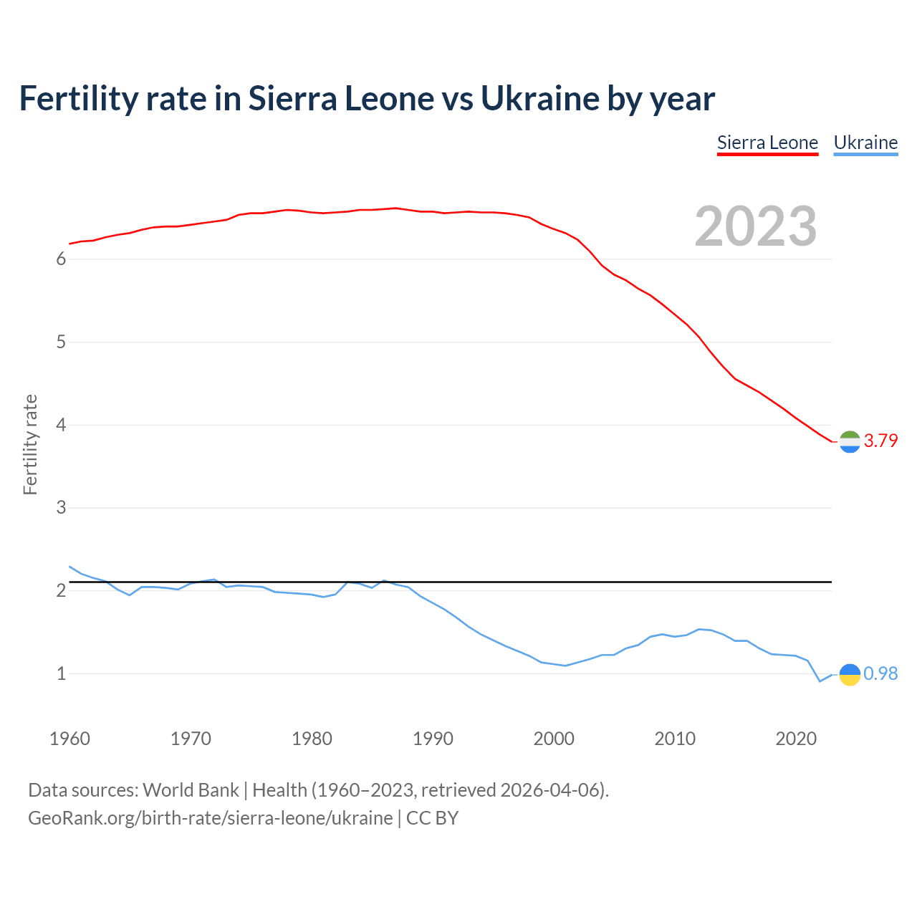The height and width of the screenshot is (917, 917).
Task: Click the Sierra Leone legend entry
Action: pos(767,143)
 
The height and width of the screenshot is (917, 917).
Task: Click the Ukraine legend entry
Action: pos(865,143)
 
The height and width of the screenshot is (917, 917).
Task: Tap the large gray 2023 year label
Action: pos(756,226)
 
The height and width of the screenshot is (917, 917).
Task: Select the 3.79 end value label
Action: pos(880,441)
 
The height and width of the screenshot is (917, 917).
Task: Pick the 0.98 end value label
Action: pos(880,673)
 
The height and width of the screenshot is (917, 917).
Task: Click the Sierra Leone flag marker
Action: pos(850,442)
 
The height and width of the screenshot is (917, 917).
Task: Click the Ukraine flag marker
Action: pos(850,674)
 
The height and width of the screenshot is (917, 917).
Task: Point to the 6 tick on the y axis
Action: pos(61,259)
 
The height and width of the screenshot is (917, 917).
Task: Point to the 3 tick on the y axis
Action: pos(61,508)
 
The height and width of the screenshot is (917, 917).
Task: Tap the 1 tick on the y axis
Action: pos(61,674)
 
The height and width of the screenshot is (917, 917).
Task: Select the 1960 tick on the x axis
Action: pos(69,739)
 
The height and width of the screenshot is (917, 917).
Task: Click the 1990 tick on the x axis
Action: pos(433,739)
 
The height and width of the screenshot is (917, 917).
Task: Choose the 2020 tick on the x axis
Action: pos(796,739)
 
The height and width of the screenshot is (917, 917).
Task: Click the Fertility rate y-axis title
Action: pos(30,444)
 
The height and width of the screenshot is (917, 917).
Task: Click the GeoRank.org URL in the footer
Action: pos(210,818)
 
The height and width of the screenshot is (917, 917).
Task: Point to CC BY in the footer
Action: pos(432,818)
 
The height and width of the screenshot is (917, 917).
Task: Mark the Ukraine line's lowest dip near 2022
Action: pos(820,681)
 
